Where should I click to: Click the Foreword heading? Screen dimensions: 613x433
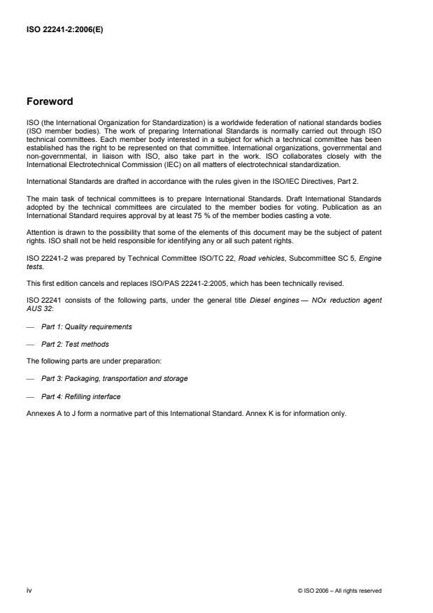coord(51,101)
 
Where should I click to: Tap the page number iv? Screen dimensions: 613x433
coord(29,591)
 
